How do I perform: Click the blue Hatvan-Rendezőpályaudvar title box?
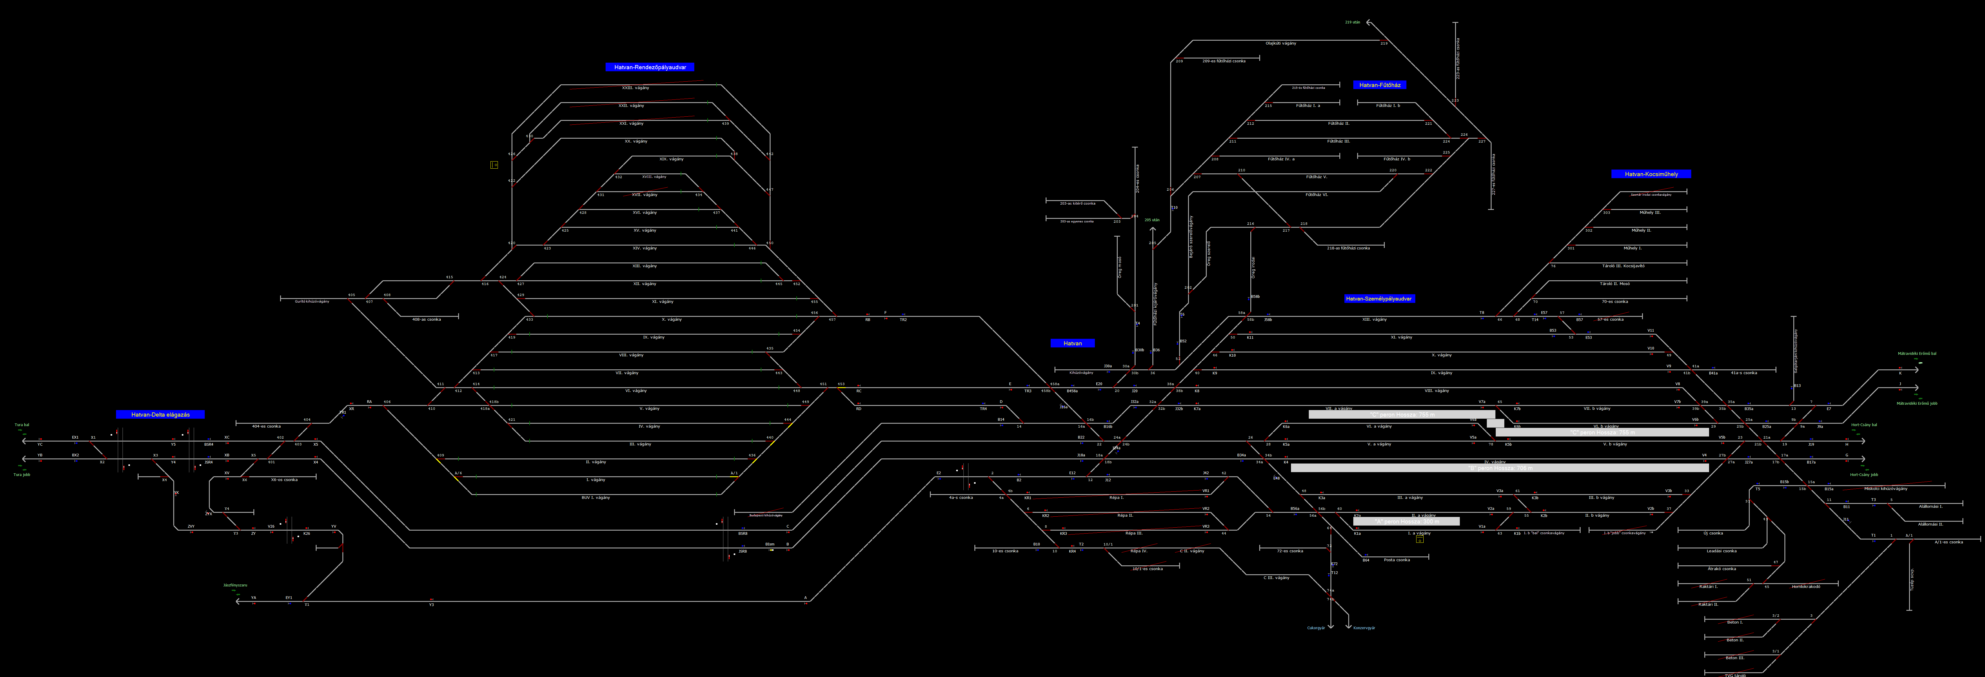point(650,67)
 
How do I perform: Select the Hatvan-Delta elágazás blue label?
point(160,415)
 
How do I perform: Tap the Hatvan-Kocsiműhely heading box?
point(1651,174)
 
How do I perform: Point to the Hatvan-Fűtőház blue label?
point(1379,85)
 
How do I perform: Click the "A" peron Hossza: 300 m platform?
point(1406,521)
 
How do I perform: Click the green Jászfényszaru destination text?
point(235,585)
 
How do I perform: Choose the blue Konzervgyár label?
point(1364,628)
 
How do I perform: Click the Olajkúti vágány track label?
point(1281,43)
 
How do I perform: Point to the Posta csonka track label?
point(1396,560)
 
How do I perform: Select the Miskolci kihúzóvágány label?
point(1886,489)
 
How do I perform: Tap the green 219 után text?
point(1352,22)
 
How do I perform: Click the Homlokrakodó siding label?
point(1805,587)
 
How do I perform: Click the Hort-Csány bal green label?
point(1864,425)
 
